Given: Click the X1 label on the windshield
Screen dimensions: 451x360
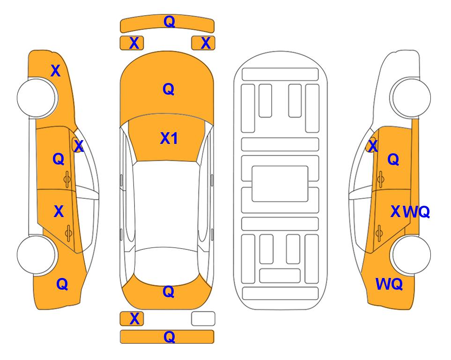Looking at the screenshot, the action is (169, 138).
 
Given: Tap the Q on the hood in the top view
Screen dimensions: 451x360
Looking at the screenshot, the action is (169, 89).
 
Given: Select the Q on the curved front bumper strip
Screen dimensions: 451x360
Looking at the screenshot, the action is (169, 21).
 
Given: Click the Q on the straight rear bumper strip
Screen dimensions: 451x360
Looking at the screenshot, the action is (169, 337).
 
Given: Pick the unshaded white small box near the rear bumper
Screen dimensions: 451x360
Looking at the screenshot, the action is (203, 319).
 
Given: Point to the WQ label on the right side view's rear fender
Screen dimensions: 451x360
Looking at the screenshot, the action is (389, 284).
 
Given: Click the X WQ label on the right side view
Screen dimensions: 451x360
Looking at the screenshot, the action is (410, 212).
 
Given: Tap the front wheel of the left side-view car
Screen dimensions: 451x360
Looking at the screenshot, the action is (37, 97).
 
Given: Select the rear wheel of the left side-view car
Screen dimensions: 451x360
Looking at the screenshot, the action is (37, 255).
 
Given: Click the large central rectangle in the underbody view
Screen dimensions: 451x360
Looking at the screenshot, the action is (280, 184).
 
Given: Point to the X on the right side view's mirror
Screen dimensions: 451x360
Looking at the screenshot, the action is (373, 146).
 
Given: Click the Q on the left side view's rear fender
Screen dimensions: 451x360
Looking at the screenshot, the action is (62, 284).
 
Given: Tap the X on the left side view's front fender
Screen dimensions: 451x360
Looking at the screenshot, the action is (56, 71).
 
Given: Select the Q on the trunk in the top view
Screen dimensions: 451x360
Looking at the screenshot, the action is (169, 292).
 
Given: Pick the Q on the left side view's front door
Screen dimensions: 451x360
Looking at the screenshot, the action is (59, 159).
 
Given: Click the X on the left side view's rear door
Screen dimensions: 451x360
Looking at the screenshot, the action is (59, 211).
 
